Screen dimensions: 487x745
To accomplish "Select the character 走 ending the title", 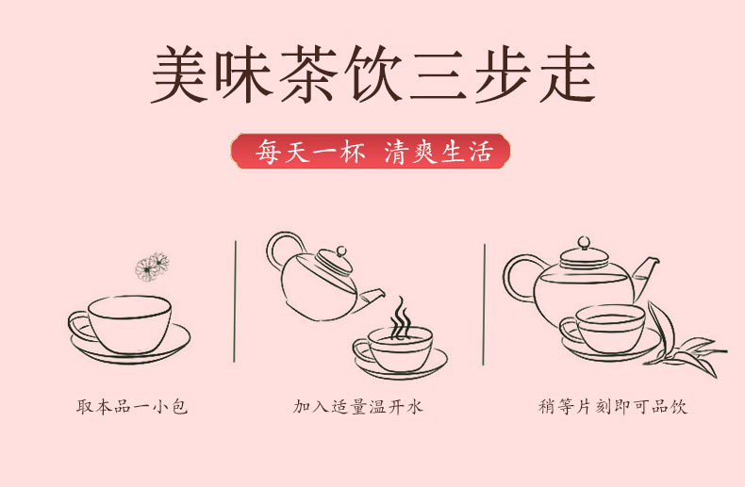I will tap(564, 73).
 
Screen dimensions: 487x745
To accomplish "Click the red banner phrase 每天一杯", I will tap(306, 151).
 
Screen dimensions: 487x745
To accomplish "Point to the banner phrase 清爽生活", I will tap(439, 151).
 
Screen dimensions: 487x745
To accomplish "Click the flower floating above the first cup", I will tap(151, 267).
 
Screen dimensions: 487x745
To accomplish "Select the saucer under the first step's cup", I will tap(129, 349).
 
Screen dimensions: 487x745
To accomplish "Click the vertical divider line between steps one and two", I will tap(235, 301).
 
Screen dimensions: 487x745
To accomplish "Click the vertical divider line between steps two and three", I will tap(485, 301).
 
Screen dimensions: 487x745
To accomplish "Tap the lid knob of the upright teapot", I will tap(583, 243).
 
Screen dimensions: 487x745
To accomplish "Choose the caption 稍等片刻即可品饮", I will tap(612, 407).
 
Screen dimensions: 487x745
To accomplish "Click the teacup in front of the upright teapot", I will tap(608, 328).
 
